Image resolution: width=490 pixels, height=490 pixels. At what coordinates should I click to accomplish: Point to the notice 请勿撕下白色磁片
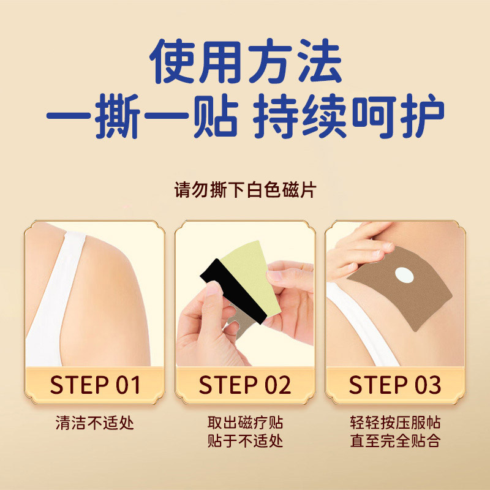[245, 190]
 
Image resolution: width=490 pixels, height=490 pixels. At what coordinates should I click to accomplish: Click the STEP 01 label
[96, 385]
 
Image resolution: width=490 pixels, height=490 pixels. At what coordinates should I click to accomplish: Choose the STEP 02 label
[245, 385]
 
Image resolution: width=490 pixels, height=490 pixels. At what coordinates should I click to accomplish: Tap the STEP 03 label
[394, 385]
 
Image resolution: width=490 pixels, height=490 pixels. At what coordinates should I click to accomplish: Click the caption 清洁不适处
[94, 423]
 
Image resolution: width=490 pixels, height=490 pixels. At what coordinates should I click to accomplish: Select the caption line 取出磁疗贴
[245, 423]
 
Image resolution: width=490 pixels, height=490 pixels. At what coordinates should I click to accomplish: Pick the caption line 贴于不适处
[245, 440]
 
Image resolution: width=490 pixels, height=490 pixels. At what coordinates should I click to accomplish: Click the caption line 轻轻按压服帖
[395, 423]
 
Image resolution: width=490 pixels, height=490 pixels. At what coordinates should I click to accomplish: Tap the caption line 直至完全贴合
[395, 440]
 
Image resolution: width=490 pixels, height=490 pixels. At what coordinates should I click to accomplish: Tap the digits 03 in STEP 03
[427, 385]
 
